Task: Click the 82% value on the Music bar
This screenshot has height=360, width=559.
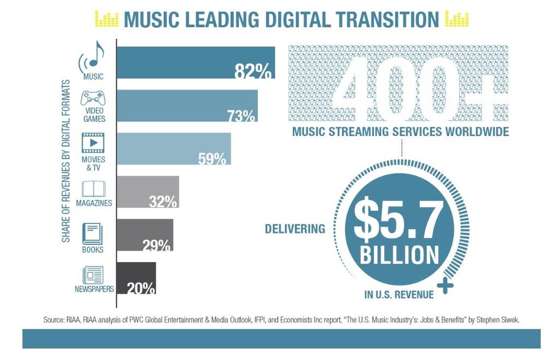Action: coord(253,71)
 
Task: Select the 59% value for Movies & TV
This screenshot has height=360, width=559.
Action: coord(211,158)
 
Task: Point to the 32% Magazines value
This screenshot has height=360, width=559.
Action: coord(163,202)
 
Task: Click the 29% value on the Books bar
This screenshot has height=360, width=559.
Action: coord(157,245)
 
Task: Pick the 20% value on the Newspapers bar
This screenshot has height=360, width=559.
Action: coord(141,288)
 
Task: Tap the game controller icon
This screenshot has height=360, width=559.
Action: coord(94,99)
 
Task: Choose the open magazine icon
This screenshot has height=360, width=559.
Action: coord(93,189)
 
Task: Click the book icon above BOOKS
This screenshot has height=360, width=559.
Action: coord(92,234)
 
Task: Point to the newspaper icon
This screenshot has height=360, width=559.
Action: coord(92,275)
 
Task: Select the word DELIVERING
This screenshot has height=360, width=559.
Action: coord(295,228)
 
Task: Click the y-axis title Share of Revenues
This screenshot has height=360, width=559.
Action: coord(66,161)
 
